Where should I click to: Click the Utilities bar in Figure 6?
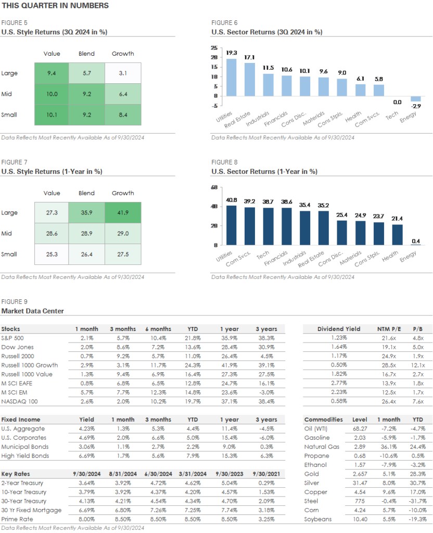(231, 78)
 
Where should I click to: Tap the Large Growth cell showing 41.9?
(123, 213)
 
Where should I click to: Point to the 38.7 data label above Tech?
(268, 201)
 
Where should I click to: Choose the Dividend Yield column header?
(339, 329)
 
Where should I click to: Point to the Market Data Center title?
(32, 311)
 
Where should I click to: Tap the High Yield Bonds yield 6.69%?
(86, 456)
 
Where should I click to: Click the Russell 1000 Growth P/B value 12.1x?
(418, 365)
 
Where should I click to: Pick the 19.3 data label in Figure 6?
(232, 53)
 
